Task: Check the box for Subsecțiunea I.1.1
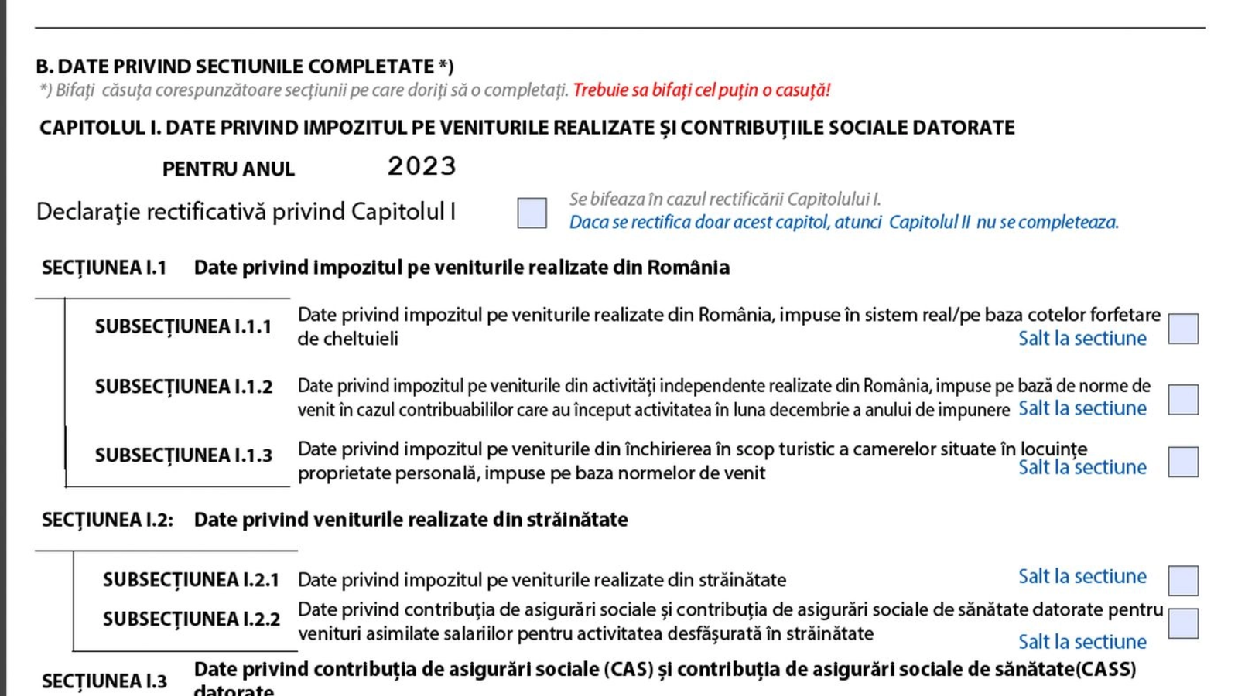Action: (1183, 329)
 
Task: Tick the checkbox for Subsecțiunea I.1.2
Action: (1183, 399)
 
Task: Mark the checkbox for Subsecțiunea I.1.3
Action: (1183, 462)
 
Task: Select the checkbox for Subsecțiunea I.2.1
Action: (1183, 581)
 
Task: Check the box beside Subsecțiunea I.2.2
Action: (1183, 623)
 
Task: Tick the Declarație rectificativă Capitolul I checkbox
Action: (532, 213)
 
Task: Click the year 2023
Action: (422, 166)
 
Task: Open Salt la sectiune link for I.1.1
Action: (1082, 339)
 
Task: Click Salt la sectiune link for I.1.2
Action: (1082, 408)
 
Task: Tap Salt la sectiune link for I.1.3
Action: (1082, 467)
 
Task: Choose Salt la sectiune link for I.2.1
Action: (1082, 576)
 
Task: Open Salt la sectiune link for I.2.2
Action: (1082, 642)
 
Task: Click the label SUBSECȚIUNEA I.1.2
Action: (183, 387)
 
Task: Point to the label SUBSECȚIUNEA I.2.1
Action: (191, 580)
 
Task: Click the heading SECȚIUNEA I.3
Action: (104, 681)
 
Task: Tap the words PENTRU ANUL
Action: (228, 169)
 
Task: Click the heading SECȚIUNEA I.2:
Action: (108, 520)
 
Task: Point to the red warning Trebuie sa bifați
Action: (701, 90)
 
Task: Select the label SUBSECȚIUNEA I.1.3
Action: (183, 455)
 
